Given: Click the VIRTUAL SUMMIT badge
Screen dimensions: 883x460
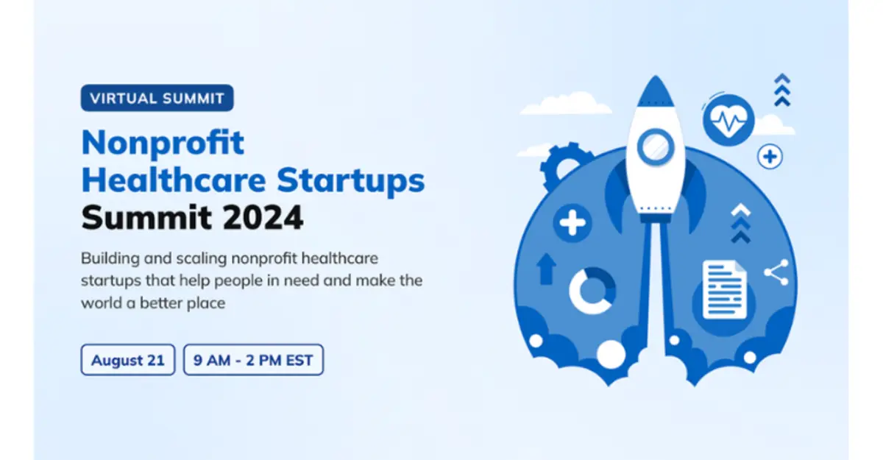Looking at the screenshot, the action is point(157,98).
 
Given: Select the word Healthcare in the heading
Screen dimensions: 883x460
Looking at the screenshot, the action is point(174,180).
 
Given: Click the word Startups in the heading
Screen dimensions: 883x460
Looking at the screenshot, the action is point(350,182).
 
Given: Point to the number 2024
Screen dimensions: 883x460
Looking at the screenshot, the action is point(263,218).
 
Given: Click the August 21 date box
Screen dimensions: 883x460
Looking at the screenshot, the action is point(128,360).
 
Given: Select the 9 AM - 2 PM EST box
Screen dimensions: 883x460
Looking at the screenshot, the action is point(253,360).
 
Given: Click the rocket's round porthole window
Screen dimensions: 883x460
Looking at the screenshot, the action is point(655,147).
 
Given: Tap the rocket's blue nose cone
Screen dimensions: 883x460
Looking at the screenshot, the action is point(656,91).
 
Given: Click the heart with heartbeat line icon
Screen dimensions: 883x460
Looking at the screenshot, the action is point(728,120).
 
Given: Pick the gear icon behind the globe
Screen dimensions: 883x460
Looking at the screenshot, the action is point(561,166).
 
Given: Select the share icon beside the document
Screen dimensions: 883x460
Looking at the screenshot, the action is point(776,272).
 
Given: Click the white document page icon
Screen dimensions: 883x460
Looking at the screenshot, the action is point(725,290).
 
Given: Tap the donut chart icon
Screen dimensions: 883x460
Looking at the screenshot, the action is point(592,291).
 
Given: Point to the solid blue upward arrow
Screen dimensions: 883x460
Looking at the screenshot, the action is point(546,269).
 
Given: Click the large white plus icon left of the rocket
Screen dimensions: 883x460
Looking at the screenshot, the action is point(572,223).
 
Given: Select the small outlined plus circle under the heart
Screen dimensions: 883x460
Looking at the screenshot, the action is point(770,157).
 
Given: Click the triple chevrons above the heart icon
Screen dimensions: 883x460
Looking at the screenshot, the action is point(782,90).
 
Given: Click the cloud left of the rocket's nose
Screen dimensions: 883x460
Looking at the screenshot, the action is point(566,103).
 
